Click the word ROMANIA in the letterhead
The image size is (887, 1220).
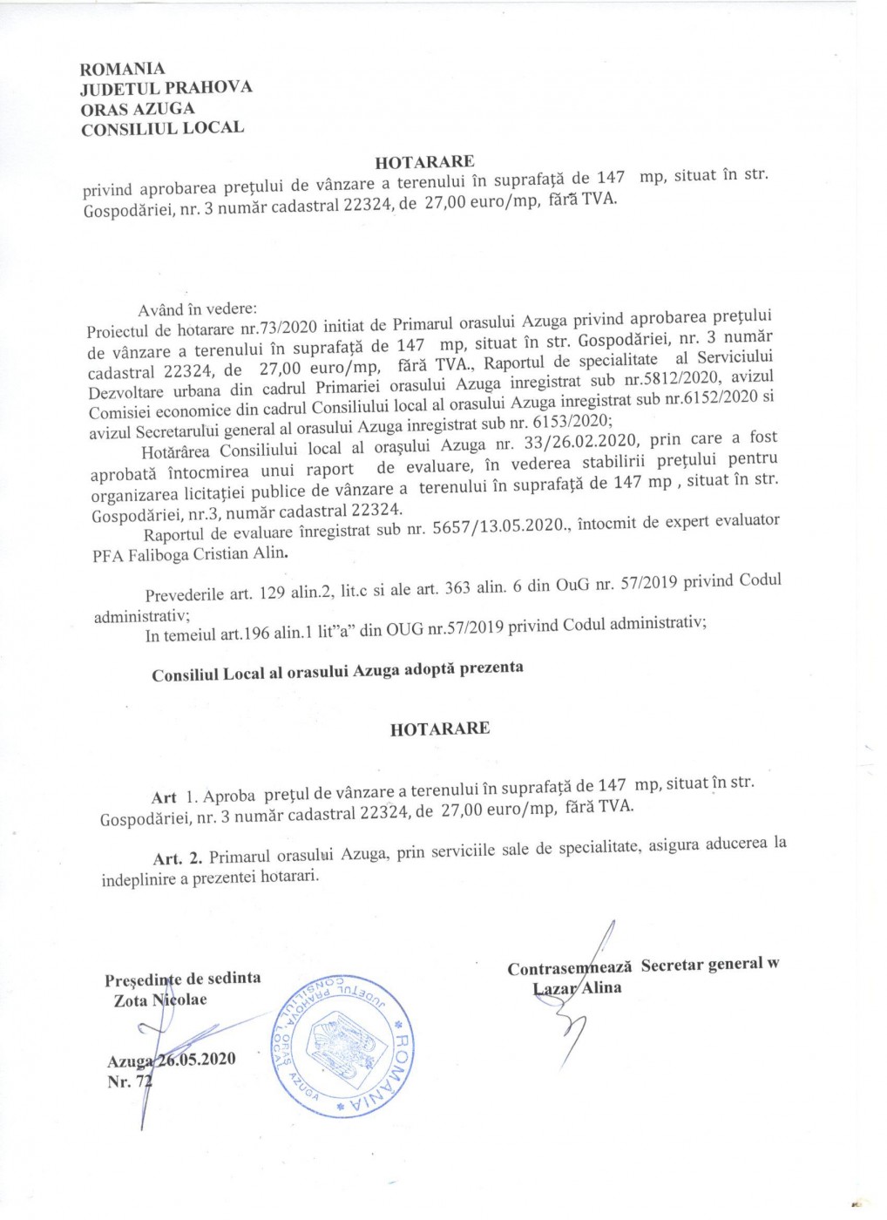pyautogui.click(x=122, y=68)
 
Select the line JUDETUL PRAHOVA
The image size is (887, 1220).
pyautogui.click(x=166, y=88)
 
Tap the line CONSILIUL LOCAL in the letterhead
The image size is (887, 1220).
pyautogui.click(x=162, y=128)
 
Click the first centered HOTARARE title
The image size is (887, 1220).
pyautogui.click(x=424, y=161)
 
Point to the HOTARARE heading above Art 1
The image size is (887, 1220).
pyautogui.click(x=439, y=729)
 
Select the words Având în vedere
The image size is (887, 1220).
pyautogui.click(x=198, y=309)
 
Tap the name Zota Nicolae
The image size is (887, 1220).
pyautogui.click(x=160, y=1000)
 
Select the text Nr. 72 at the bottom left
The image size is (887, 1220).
pyautogui.click(x=128, y=1082)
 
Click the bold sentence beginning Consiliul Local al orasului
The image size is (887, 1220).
pyautogui.click(x=337, y=671)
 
